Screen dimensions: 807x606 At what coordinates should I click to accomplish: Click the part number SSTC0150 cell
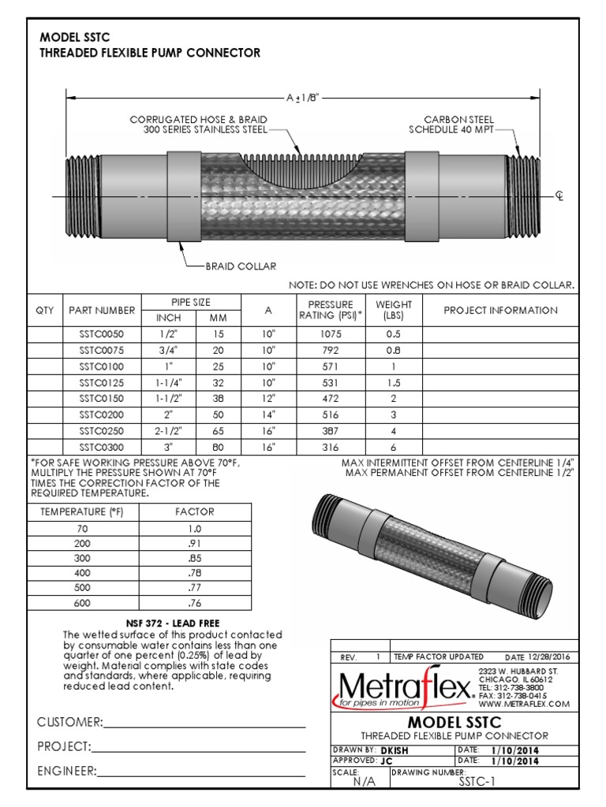[x=102, y=398]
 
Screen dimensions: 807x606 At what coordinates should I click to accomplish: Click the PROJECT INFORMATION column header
[x=500, y=311]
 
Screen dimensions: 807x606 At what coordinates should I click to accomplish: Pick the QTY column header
[x=46, y=311]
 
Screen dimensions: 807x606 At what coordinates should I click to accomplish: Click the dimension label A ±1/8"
[x=302, y=98]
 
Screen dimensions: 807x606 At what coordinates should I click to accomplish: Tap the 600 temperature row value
[x=82, y=604]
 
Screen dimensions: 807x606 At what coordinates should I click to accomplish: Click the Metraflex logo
[x=404, y=688]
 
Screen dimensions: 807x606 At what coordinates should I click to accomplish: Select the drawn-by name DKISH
[x=395, y=749]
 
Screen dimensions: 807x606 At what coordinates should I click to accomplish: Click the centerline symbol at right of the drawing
[x=559, y=195]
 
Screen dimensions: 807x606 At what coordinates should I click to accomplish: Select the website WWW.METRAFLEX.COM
[x=523, y=704]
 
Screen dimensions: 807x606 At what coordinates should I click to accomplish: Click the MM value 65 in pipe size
[x=217, y=431]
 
